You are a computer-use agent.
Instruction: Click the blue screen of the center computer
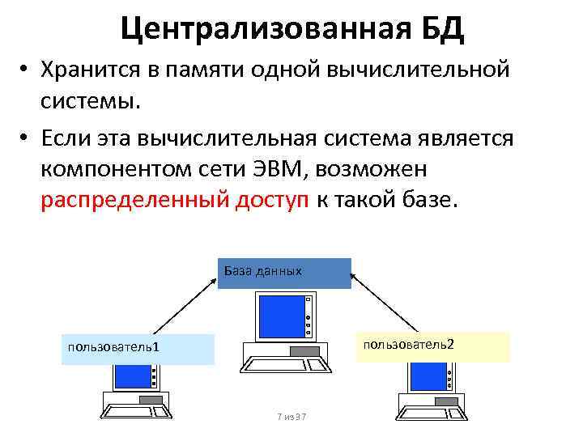(x=278, y=316)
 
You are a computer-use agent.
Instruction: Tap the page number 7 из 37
(x=291, y=417)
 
